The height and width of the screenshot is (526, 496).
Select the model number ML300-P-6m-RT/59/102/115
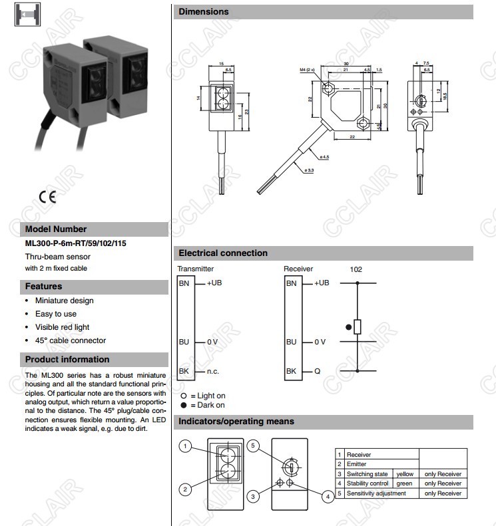76,243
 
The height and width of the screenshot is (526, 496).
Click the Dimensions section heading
204,11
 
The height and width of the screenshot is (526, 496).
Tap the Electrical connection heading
223,253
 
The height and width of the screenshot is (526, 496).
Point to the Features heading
44,287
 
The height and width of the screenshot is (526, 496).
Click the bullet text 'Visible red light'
62,327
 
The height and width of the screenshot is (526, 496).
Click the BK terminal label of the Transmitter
184,370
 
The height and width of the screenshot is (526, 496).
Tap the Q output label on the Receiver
318,370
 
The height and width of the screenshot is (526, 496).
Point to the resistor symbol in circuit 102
358,327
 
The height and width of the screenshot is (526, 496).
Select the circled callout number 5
252,445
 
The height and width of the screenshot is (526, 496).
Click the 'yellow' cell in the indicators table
404,473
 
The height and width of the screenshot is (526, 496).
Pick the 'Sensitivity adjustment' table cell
376,493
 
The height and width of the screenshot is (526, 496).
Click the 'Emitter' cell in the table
358,464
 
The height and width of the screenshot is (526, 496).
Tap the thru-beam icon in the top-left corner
27,14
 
